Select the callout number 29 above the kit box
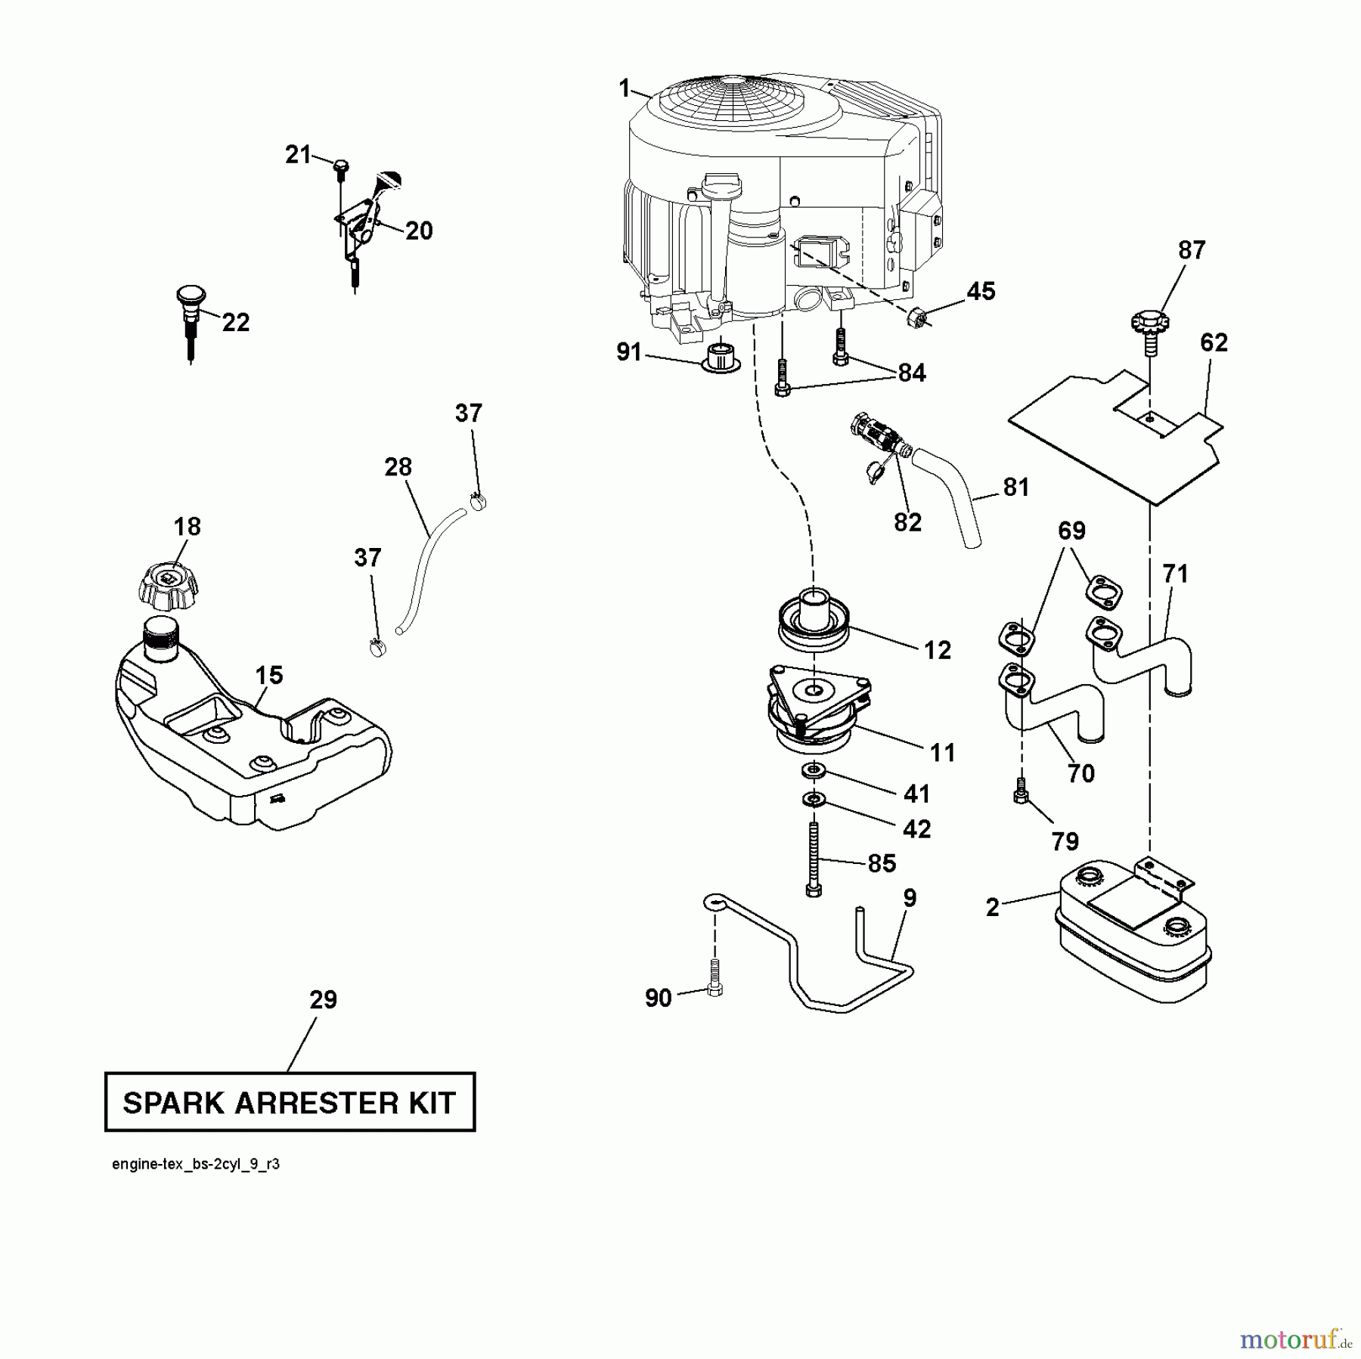click(x=323, y=1000)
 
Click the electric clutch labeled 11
click(x=817, y=710)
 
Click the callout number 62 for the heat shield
click(x=1214, y=342)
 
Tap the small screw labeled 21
click(x=340, y=165)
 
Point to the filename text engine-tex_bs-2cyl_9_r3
click(x=195, y=1165)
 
